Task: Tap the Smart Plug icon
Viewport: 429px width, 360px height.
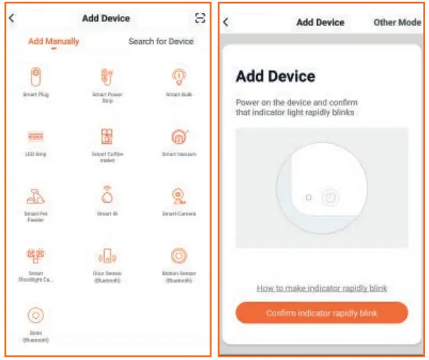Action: pyautogui.click(x=36, y=77)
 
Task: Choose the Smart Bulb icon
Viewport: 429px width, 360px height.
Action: pyautogui.click(x=178, y=77)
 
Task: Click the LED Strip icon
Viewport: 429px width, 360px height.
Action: pyautogui.click(x=36, y=137)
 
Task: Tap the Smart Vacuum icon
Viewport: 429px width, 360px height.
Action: pyautogui.click(x=178, y=137)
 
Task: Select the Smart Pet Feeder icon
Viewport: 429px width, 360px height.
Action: pyautogui.click(x=36, y=196)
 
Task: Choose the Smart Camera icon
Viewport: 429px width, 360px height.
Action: pyautogui.click(x=178, y=196)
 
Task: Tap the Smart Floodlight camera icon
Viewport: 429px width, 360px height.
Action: pyautogui.click(x=36, y=256)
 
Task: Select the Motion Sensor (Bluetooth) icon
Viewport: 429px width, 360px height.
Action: pyautogui.click(x=178, y=256)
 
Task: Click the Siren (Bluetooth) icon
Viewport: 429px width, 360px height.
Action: pyautogui.click(x=36, y=315)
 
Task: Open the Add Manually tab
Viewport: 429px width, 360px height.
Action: pyautogui.click(x=53, y=41)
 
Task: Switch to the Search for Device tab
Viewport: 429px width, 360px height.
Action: pyautogui.click(x=161, y=41)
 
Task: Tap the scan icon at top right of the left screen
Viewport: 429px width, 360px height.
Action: pyautogui.click(x=199, y=18)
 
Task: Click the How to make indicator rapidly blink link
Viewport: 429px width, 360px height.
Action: pyautogui.click(x=322, y=288)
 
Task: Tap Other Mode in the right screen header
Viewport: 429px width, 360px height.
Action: pyautogui.click(x=397, y=22)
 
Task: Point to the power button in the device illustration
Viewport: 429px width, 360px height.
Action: pyautogui.click(x=330, y=197)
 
